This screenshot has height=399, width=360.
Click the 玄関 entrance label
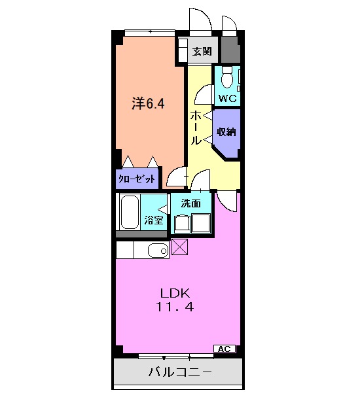click(x=202, y=52)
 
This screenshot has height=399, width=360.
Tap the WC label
click(x=227, y=99)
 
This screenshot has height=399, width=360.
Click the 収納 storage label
click(x=226, y=131)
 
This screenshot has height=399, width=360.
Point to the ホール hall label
click(x=196, y=128)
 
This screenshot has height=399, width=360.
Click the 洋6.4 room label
click(x=148, y=103)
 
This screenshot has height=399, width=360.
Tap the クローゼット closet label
click(x=138, y=178)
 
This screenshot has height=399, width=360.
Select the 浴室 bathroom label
click(x=154, y=220)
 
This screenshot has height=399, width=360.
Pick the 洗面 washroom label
click(x=191, y=203)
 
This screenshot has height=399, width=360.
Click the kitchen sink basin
click(x=157, y=249)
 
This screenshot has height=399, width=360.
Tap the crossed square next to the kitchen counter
click(x=179, y=248)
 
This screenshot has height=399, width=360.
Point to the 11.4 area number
click(x=175, y=306)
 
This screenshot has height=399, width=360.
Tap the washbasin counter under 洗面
click(x=191, y=223)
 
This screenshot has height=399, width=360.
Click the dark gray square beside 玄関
click(x=229, y=48)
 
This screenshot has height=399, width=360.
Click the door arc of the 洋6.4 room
click(x=177, y=178)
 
